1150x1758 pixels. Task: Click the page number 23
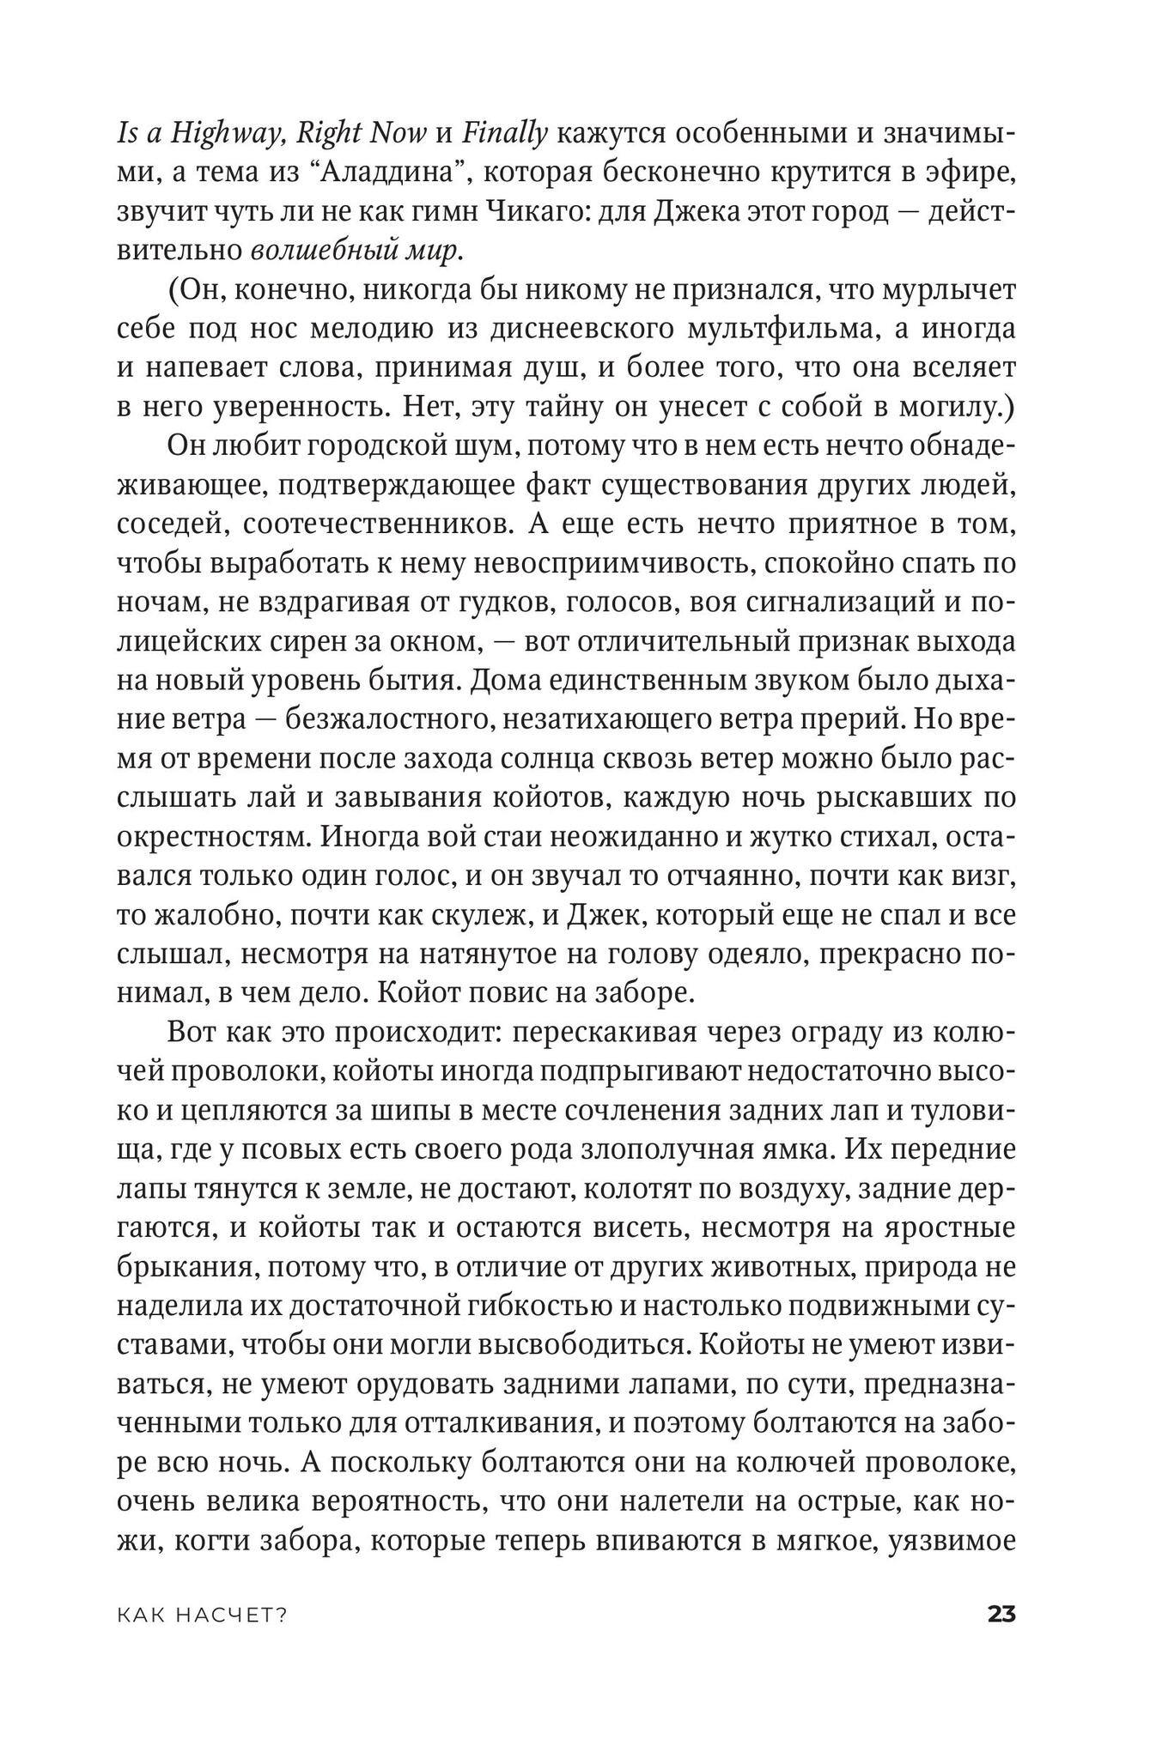click(x=1001, y=1615)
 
